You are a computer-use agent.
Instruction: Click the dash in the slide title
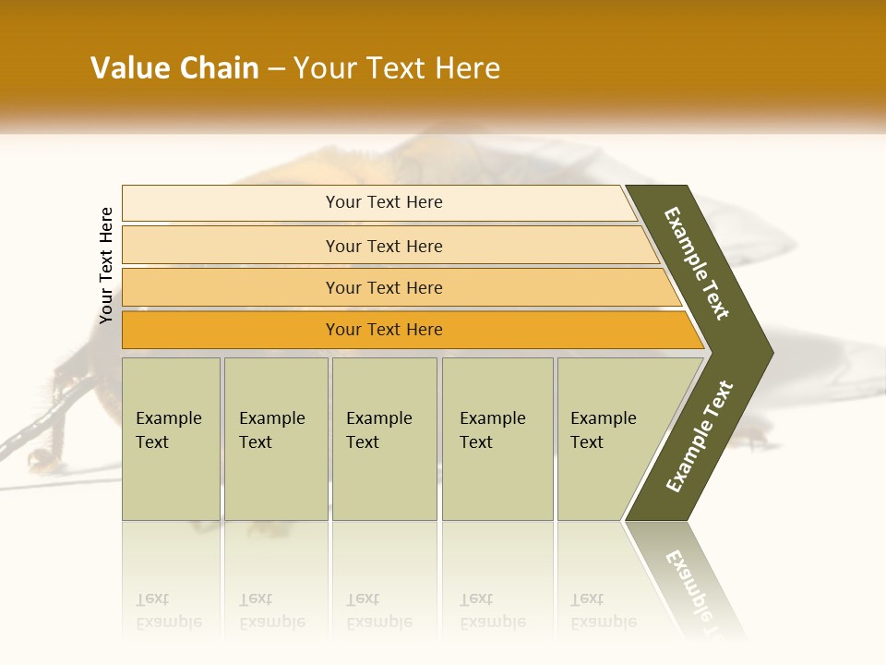click(276, 69)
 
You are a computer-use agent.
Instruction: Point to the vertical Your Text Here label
click(106, 265)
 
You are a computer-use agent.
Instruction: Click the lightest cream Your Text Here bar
click(384, 202)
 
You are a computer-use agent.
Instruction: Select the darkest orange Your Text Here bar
click(384, 330)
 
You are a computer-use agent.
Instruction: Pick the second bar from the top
click(384, 246)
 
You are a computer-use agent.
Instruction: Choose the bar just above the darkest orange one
click(384, 287)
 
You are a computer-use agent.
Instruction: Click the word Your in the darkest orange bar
click(343, 330)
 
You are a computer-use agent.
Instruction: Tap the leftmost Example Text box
click(171, 439)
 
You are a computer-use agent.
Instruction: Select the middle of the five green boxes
click(384, 439)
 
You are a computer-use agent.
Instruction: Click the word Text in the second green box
click(256, 442)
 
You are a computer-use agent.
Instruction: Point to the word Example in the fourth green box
click(492, 418)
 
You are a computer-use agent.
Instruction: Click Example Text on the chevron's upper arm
click(697, 263)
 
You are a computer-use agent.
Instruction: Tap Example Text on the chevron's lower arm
click(700, 437)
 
